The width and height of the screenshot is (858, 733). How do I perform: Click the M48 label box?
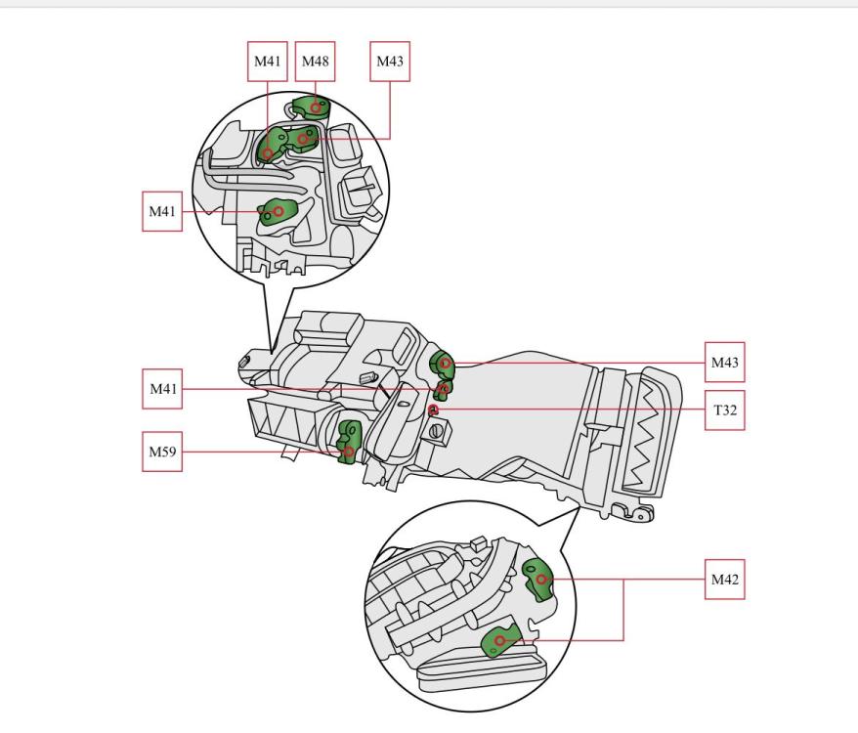(316, 62)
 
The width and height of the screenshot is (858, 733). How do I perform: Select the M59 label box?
(162, 452)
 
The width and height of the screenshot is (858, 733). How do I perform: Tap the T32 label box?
(724, 410)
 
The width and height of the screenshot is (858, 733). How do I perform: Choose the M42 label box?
(724, 580)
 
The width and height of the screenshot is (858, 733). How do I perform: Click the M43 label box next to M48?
(390, 62)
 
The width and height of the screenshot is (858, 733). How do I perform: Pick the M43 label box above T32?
(724, 363)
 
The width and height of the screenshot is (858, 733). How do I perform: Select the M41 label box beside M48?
(267, 62)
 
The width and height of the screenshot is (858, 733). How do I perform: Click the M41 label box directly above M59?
(162, 389)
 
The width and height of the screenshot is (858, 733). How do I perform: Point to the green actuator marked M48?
(311, 107)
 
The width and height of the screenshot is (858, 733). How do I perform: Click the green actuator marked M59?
(349, 441)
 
